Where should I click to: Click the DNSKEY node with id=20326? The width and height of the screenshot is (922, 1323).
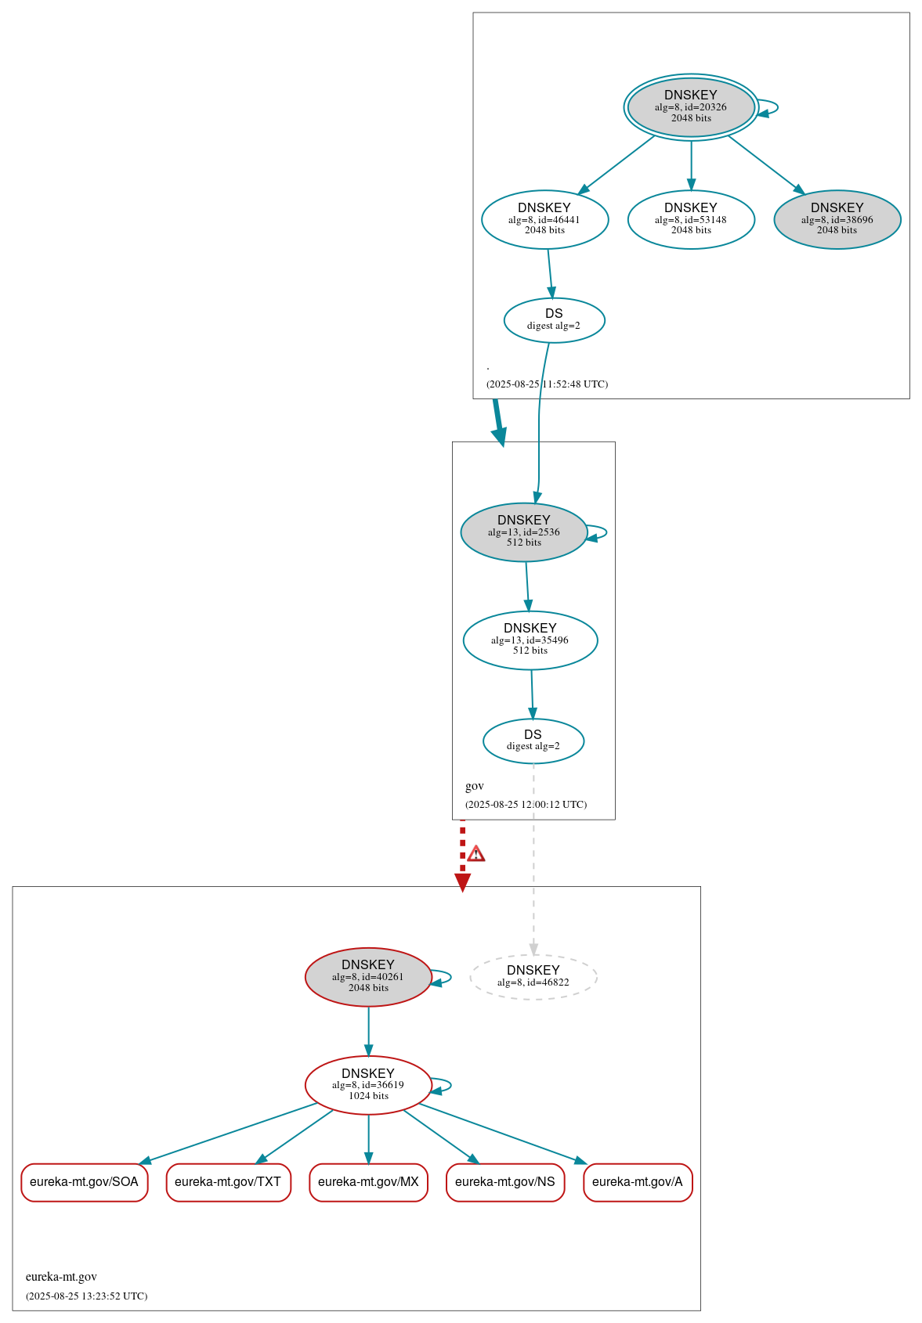click(690, 107)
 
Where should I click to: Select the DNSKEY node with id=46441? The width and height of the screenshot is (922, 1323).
click(544, 219)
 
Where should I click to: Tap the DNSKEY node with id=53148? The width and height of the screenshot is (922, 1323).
click(690, 219)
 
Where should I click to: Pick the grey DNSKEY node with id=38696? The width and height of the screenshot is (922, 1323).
click(837, 219)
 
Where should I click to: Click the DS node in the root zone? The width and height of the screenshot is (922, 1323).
click(554, 319)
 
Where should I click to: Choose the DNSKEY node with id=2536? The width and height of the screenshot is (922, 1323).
click(523, 532)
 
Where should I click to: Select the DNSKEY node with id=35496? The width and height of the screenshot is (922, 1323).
click(530, 640)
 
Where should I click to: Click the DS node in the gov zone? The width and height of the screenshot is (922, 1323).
click(533, 740)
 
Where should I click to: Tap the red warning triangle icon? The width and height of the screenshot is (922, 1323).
click(475, 853)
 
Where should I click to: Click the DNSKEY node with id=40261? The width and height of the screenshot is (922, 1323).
click(368, 976)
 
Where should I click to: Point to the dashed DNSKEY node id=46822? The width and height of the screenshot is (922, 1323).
click(533, 976)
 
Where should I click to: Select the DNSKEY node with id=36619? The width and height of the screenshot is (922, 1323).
click(368, 1084)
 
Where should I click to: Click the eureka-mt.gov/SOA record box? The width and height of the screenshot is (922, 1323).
click(84, 1181)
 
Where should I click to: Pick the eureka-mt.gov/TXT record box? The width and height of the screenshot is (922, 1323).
click(228, 1181)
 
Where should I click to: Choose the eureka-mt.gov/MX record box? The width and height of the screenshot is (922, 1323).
click(368, 1181)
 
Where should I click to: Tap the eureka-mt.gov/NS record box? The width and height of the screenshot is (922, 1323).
click(504, 1181)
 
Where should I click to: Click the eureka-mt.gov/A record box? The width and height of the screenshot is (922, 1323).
click(638, 1181)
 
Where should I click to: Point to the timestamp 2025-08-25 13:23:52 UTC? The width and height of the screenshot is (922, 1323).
click(86, 1296)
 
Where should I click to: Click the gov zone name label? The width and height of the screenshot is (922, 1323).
click(475, 786)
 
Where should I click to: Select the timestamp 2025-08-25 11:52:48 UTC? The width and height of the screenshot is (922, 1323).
click(547, 384)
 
